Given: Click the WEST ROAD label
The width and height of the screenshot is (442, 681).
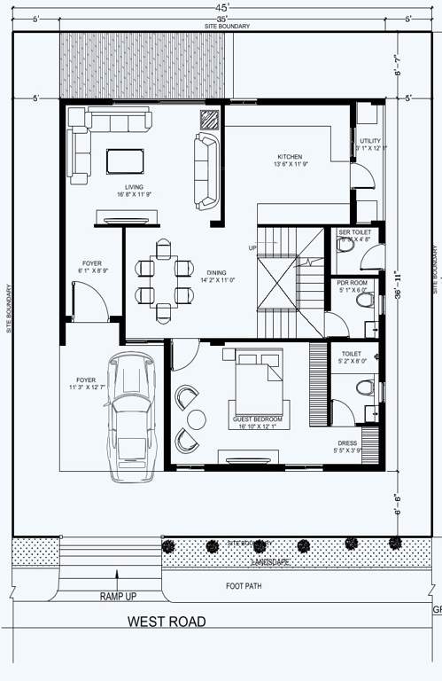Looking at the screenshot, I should click(x=167, y=622).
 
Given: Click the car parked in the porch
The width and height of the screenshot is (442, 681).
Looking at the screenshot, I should click(x=129, y=417).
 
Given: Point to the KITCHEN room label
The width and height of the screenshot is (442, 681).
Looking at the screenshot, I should click(x=291, y=157).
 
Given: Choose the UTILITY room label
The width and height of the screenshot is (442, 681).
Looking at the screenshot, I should click(x=369, y=141).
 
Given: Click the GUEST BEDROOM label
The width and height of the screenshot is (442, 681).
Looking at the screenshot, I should click(x=257, y=418).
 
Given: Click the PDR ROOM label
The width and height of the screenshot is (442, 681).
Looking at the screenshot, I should click(x=352, y=283).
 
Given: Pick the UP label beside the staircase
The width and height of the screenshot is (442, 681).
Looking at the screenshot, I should click(x=252, y=247).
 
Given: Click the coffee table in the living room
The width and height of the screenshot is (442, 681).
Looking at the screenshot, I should click(x=124, y=160).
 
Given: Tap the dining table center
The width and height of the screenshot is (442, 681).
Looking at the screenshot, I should click(x=165, y=279).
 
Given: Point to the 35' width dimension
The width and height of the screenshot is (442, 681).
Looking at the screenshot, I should click(x=221, y=19).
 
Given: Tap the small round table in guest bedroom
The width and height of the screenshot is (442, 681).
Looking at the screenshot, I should click(x=196, y=419).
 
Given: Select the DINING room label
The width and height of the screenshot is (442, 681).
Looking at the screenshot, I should click(x=215, y=273).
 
